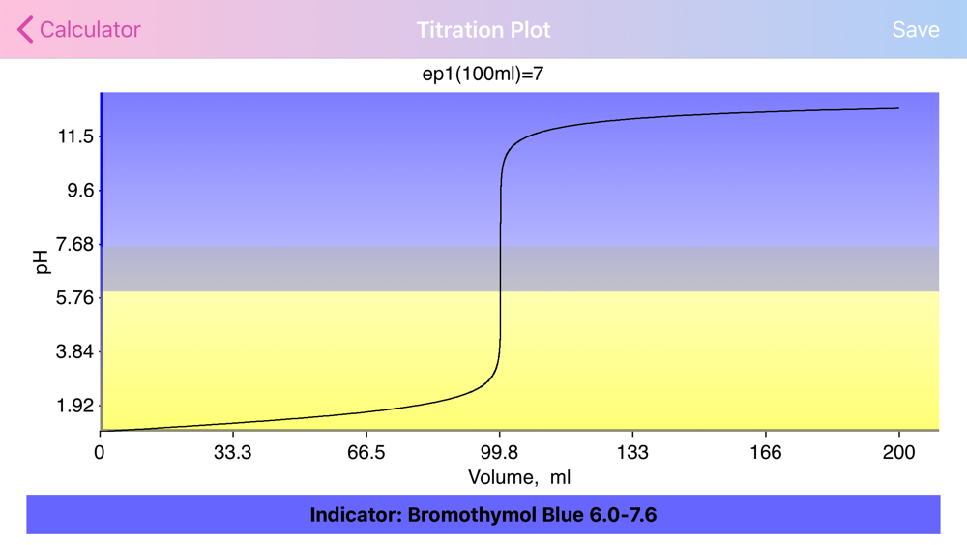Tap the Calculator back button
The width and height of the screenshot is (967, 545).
point(79,30)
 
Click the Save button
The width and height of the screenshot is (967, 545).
point(916,30)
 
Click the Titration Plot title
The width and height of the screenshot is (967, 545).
point(483,30)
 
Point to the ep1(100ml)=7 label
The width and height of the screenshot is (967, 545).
point(483,75)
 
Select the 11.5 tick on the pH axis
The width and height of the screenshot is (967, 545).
point(75,136)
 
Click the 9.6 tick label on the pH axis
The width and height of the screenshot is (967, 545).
point(80,190)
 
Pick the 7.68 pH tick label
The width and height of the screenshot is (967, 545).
point(75,244)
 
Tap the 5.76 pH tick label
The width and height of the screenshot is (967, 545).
point(75,298)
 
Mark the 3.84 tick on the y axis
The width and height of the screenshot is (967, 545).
point(75,351)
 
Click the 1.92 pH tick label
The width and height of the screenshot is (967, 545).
point(75,406)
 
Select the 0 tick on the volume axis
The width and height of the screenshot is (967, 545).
point(100,452)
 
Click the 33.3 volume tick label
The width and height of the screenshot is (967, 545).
point(233,452)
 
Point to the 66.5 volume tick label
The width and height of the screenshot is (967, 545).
point(366,452)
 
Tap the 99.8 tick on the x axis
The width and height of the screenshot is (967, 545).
point(500,452)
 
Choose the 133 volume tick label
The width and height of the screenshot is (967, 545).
point(632,452)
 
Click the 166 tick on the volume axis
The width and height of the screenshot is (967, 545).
point(766,452)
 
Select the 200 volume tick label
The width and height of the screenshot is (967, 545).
point(899,452)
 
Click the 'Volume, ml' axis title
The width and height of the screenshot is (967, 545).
point(519,477)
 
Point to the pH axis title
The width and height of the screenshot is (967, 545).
point(42,262)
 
